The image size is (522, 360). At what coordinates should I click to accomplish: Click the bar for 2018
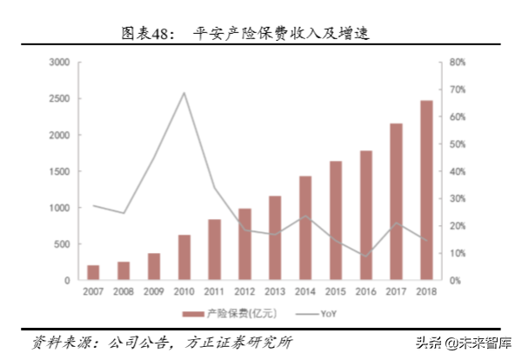click(x=426, y=190)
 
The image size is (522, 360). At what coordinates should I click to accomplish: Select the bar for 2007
click(x=93, y=272)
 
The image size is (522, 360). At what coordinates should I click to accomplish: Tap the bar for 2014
click(x=305, y=228)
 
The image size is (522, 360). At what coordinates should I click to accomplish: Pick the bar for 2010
click(x=184, y=257)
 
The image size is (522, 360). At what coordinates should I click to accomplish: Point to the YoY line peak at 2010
click(x=184, y=92)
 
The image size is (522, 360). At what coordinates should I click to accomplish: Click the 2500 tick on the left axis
click(x=59, y=99)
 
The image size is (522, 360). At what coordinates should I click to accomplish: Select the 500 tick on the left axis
click(x=62, y=244)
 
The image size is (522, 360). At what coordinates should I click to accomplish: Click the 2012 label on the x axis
click(x=244, y=292)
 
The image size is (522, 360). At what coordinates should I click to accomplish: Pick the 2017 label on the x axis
click(x=396, y=292)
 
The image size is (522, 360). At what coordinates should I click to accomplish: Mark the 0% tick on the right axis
click(x=458, y=281)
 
